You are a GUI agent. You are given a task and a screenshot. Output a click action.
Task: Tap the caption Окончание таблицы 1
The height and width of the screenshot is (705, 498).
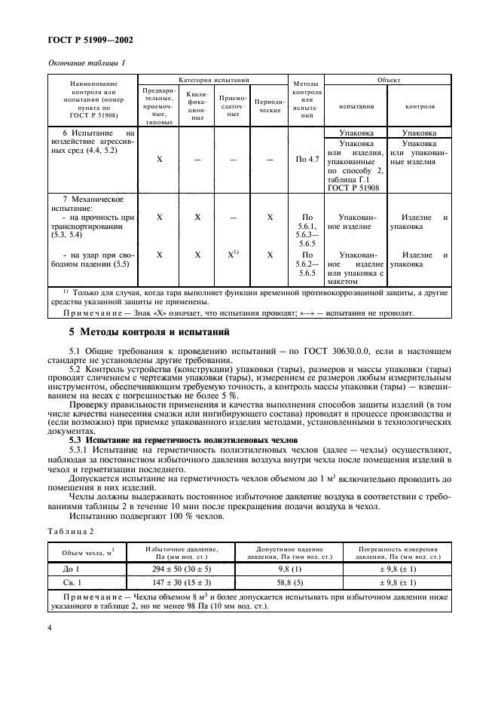86,63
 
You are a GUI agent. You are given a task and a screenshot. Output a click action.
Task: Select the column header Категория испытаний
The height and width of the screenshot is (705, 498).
213,79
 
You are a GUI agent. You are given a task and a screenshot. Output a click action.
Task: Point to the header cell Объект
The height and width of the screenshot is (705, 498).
389,79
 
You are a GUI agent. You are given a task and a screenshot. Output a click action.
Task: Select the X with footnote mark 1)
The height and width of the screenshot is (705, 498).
234,255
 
